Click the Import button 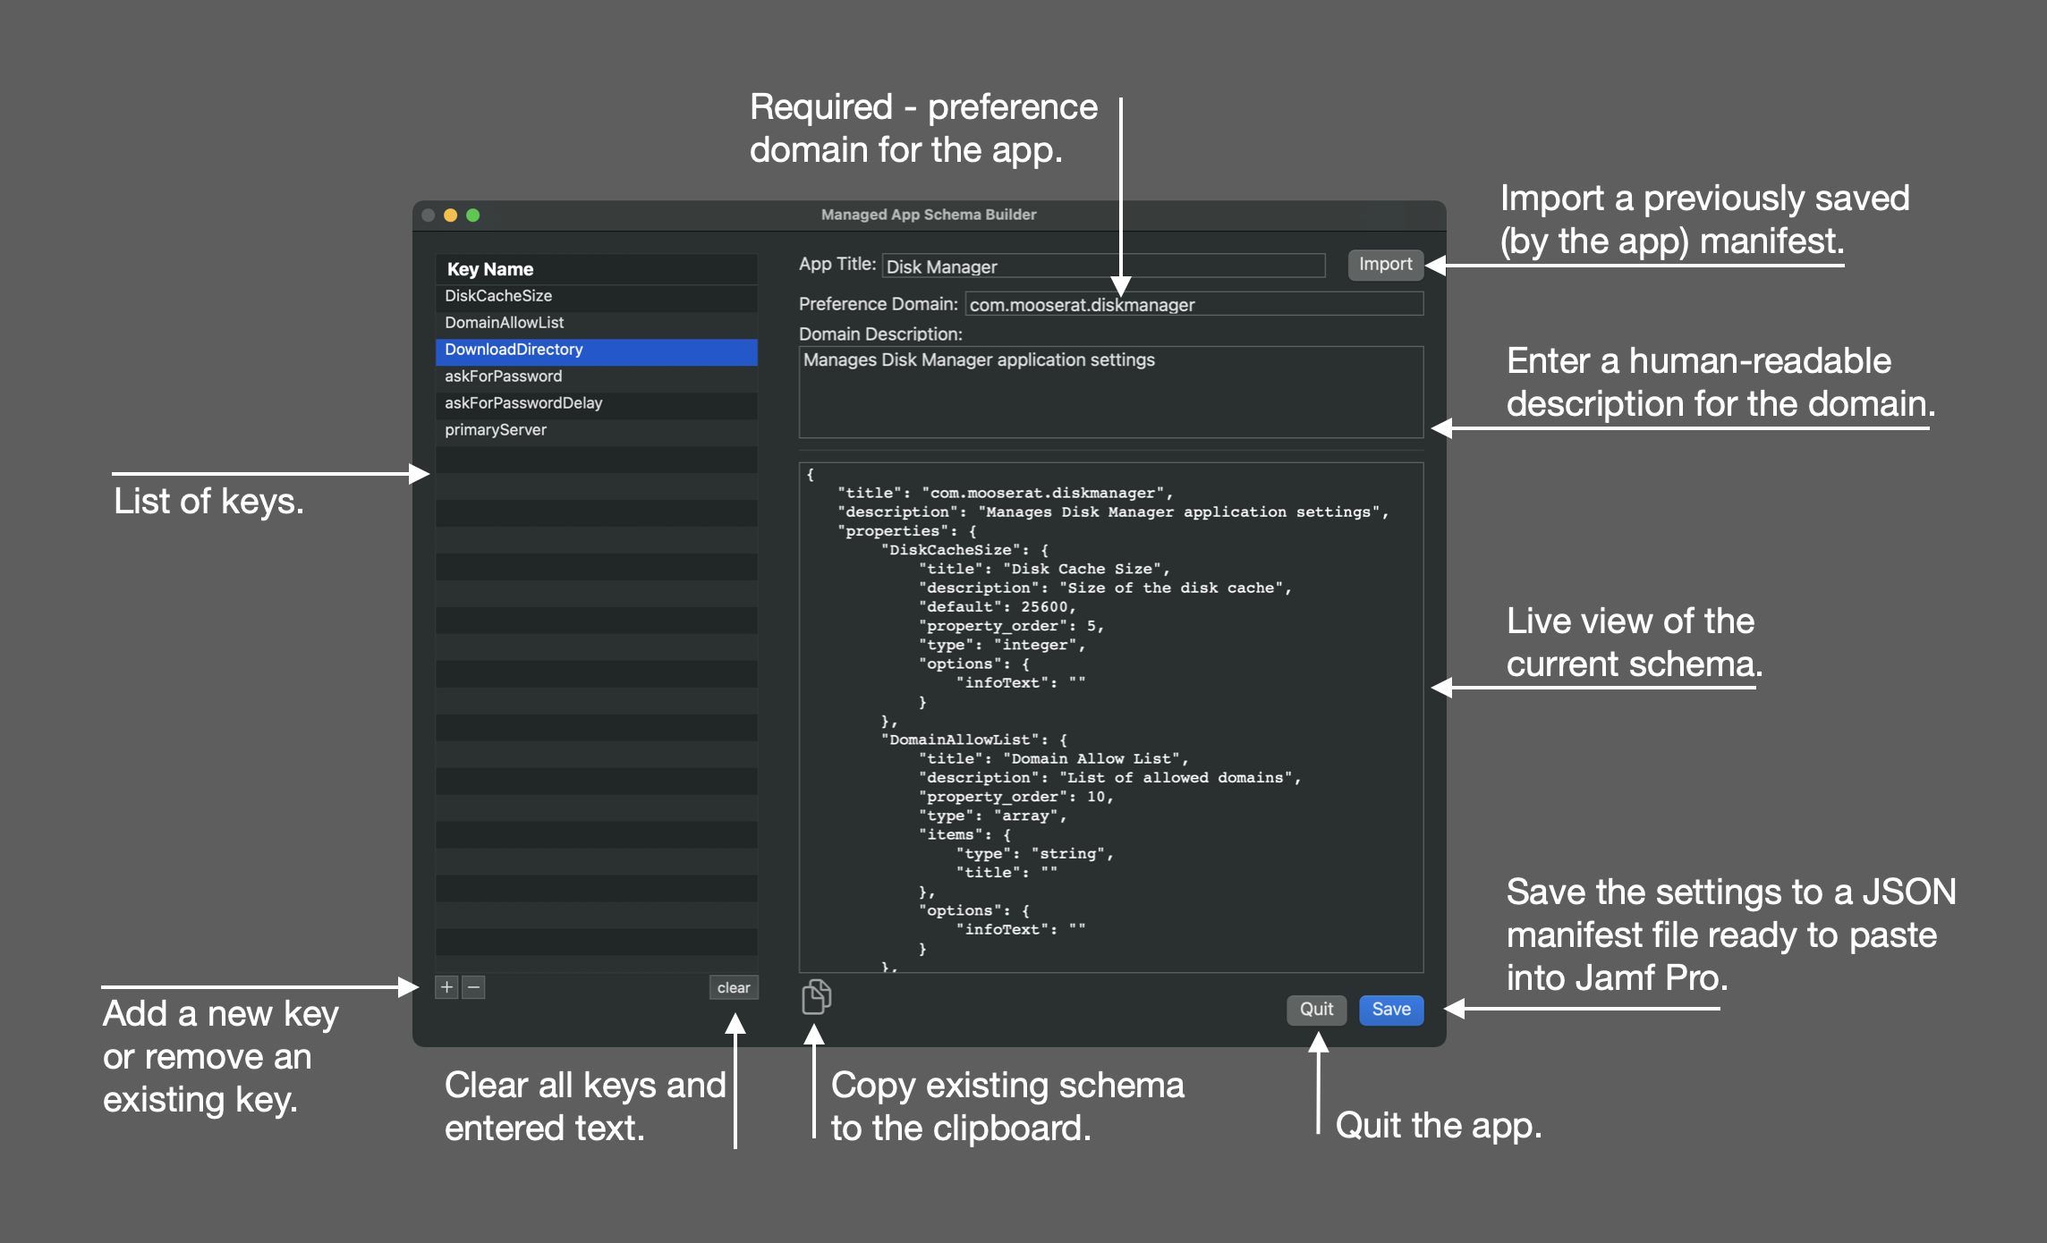pyautogui.click(x=1385, y=265)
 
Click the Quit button pyautogui.click(x=1316, y=1010)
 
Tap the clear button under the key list pyautogui.click(x=734, y=987)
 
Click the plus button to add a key pyautogui.click(x=446, y=987)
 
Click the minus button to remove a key pyautogui.click(x=474, y=987)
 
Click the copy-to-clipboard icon pyautogui.click(x=816, y=996)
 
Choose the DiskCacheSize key pyautogui.click(x=498, y=296)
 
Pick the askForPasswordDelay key pyautogui.click(x=523, y=403)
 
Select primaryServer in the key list pyautogui.click(x=496, y=430)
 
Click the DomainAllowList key pyautogui.click(x=505, y=323)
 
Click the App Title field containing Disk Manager pyautogui.click(x=1103, y=266)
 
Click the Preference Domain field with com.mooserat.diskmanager pyautogui.click(x=1194, y=304)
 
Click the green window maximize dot pyautogui.click(x=473, y=215)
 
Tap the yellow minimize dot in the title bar pyautogui.click(x=451, y=215)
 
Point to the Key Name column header pyautogui.click(x=490, y=269)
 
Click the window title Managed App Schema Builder pyautogui.click(x=929, y=215)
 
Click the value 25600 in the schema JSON pyautogui.click(x=1044, y=607)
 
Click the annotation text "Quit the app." pyautogui.click(x=1439, y=1126)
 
